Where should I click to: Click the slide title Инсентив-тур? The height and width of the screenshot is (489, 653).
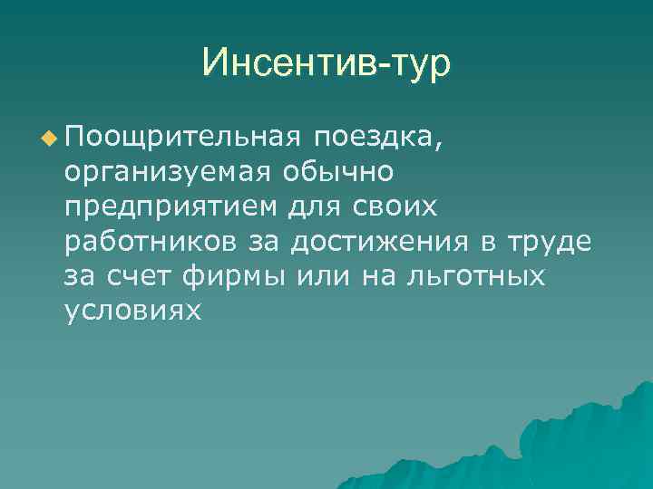pyautogui.click(x=326, y=62)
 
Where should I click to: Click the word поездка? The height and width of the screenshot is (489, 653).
pyautogui.click(x=377, y=138)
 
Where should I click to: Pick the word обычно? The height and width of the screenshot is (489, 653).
pyautogui.click(x=337, y=172)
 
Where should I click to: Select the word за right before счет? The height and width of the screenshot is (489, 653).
pyautogui.click(x=82, y=275)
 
